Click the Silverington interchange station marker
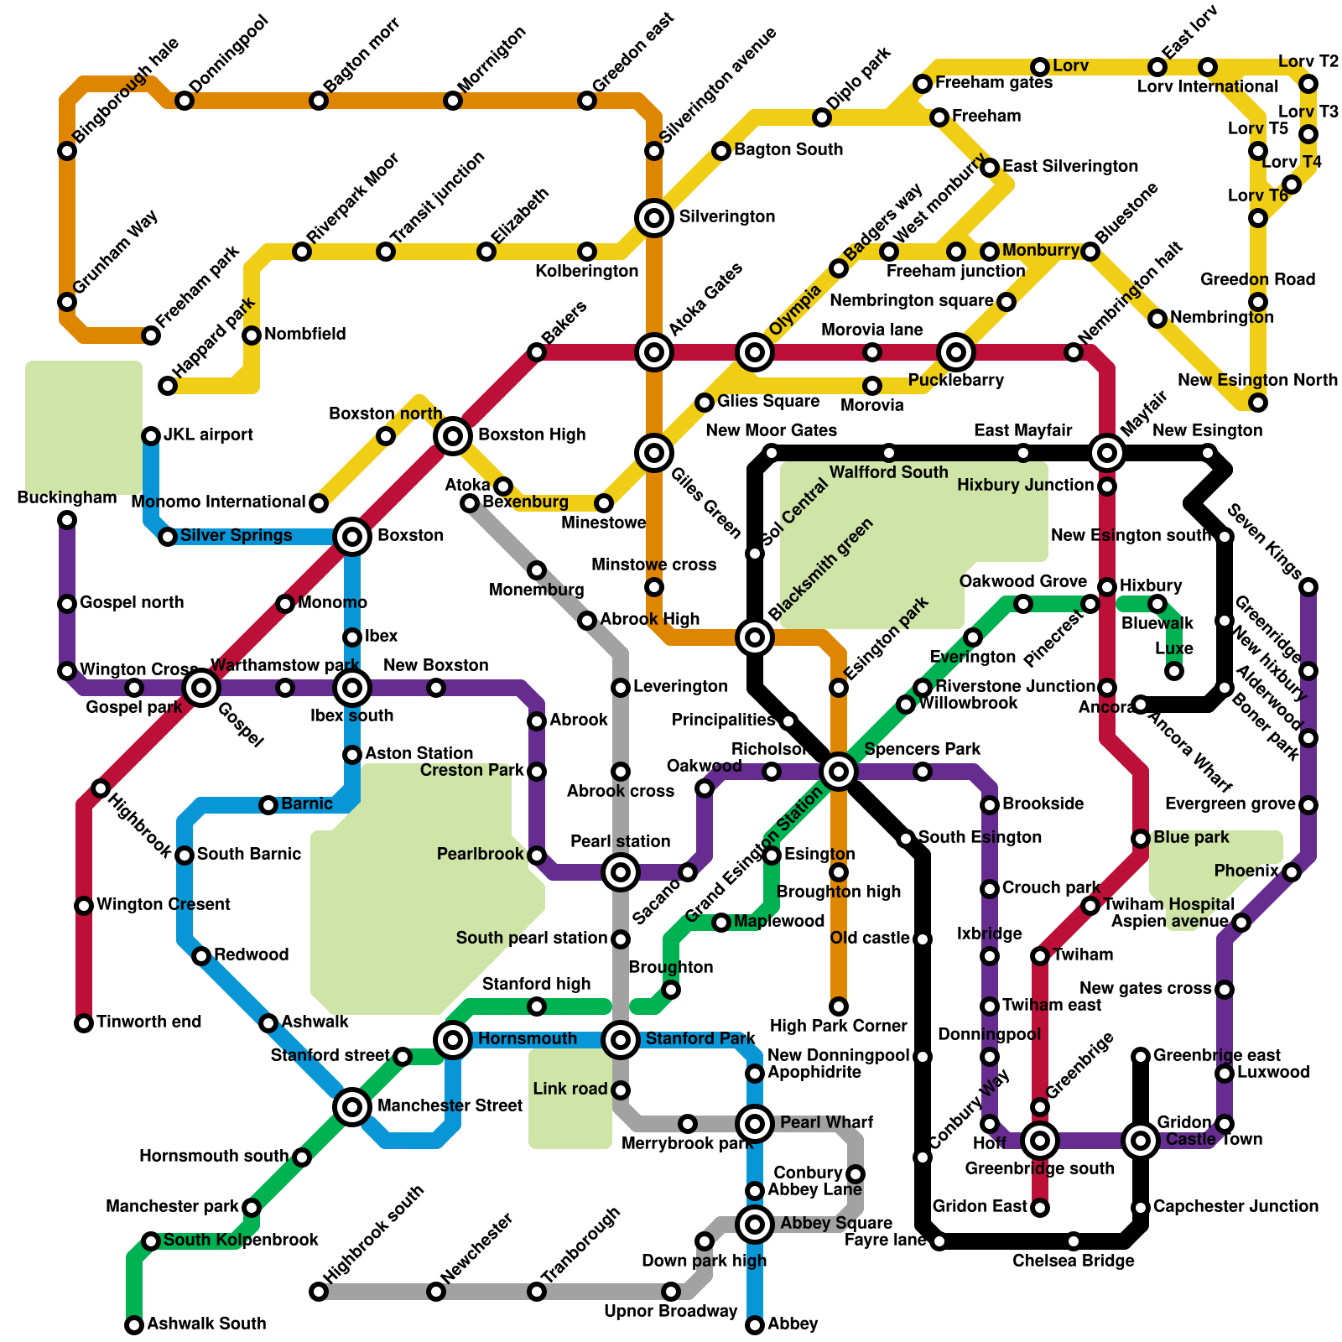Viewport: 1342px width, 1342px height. click(x=654, y=218)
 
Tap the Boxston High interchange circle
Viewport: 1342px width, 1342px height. click(x=453, y=435)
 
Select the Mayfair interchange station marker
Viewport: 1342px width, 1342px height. click(x=1107, y=453)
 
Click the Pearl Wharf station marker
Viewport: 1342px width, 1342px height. click(x=755, y=1123)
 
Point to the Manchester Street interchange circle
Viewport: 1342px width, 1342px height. click(x=352, y=1107)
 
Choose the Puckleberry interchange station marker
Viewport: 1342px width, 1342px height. click(x=956, y=352)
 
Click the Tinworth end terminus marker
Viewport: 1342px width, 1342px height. click(x=84, y=1023)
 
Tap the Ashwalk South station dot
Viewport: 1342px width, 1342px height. click(x=134, y=1325)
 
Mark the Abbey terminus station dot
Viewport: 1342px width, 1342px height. click(x=755, y=1325)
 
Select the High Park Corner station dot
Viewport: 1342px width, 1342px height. click(x=839, y=1006)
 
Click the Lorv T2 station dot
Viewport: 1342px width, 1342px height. click(x=1308, y=84)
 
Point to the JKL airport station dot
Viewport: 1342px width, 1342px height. click(x=151, y=436)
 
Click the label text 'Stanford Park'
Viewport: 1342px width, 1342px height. click(x=700, y=1038)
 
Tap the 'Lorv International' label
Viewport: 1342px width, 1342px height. click(x=1208, y=86)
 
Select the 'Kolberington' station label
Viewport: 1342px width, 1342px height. click(x=587, y=271)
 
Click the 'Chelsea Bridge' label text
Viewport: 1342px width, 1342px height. click(x=1074, y=1261)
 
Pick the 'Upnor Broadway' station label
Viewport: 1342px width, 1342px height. click(x=671, y=1311)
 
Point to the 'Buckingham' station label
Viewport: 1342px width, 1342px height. click(x=67, y=497)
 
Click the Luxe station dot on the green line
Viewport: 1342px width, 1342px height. click(x=1174, y=671)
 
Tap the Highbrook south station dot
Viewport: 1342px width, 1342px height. click(x=319, y=1292)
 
